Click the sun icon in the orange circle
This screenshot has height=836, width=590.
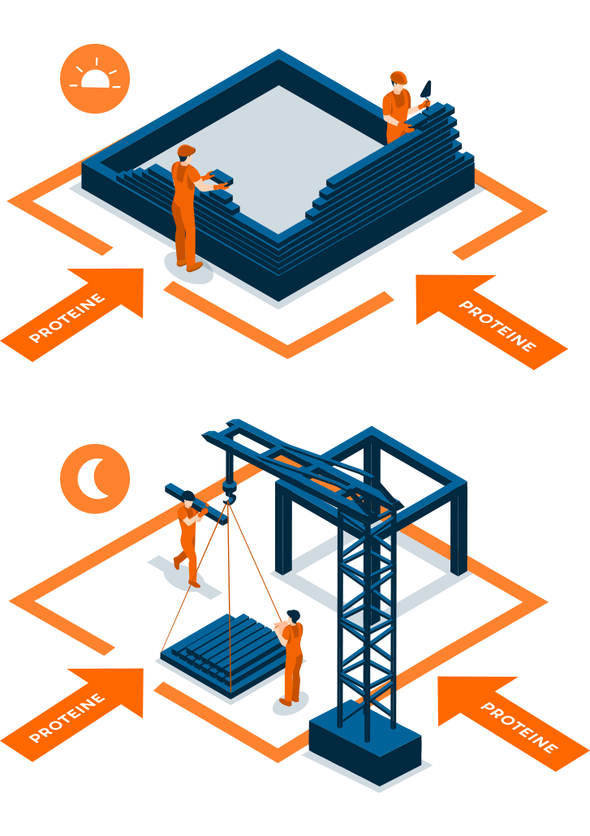[x=95, y=79]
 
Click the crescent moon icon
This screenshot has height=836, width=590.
[x=93, y=479]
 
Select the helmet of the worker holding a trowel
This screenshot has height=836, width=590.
[x=398, y=77]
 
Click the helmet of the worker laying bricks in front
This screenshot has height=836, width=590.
[x=186, y=150]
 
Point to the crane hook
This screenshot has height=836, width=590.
[x=230, y=490]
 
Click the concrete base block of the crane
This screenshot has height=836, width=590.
[x=365, y=743]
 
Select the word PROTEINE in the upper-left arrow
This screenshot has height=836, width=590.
[x=67, y=317]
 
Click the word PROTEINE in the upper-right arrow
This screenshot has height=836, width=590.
[x=497, y=325]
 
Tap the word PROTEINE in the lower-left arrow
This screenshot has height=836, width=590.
[x=67, y=717]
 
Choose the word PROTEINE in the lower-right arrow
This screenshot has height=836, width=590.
[x=519, y=727]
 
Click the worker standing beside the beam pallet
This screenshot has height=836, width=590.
[x=291, y=657]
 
